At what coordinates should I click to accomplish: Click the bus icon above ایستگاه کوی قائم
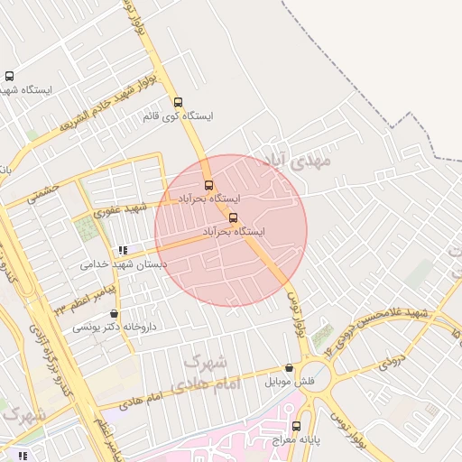(178, 102)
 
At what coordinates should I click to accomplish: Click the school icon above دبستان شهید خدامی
(123, 250)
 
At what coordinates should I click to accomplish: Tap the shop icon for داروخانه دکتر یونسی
(114, 313)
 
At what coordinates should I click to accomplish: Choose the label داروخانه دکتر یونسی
(114, 327)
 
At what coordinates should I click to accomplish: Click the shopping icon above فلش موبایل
(289, 368)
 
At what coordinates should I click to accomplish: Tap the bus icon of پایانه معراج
(296, 426)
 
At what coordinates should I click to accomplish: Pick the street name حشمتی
(42, 192)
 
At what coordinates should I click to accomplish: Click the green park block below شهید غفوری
(87, 229)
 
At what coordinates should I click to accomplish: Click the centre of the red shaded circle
(231, 231)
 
